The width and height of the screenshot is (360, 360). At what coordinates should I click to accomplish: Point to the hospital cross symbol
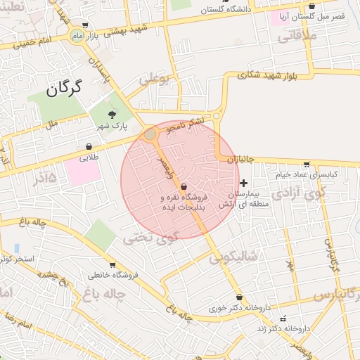[243, 183]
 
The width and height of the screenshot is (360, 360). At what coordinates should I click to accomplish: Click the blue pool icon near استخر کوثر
[15, 248]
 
